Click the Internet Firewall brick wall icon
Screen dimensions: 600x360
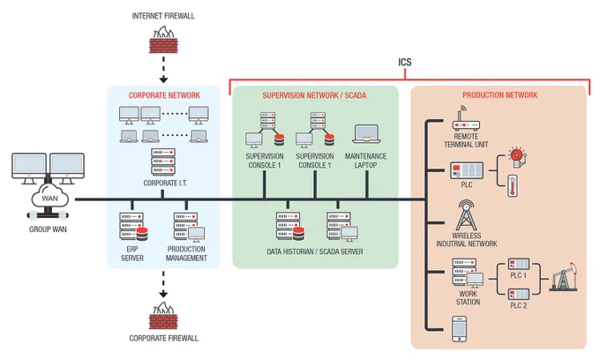[163, 40]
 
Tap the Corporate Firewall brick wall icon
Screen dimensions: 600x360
[163, 316]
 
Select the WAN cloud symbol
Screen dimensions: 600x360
[49, 197]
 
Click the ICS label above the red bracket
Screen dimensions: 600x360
[405, 62]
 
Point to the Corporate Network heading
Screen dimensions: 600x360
[164, 95]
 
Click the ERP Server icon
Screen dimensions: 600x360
[133, 227]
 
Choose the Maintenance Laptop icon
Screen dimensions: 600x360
[366, 134]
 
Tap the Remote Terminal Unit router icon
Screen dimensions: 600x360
[466, 119]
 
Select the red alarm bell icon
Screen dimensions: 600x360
[517, 156]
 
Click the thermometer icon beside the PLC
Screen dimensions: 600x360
[513, 186]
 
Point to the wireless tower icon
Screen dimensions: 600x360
[466, 215]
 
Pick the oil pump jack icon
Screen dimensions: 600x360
[564, 277]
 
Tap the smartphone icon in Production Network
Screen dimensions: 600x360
[459, 328]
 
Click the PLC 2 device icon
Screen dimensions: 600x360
[519, 294]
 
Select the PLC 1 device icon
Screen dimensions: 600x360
[519, 264]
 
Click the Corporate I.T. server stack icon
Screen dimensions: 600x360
[163, 162]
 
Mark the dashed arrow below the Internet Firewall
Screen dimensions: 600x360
[163, 70]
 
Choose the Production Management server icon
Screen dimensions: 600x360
[189, 228]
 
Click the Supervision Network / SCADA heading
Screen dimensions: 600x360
[314, 95]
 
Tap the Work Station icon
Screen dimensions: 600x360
[468, 274]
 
